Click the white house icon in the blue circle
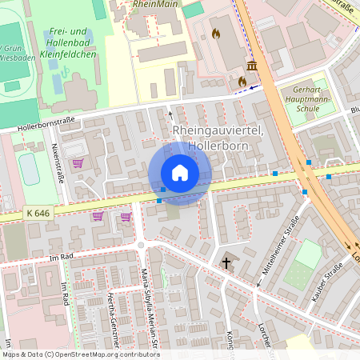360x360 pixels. [180, 173]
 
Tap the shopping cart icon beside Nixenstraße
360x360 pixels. [78, 163]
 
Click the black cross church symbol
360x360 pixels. [226, 262]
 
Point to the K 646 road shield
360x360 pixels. [37, 213]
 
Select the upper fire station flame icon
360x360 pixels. [215, 34]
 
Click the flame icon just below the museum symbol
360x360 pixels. [242, 81]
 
